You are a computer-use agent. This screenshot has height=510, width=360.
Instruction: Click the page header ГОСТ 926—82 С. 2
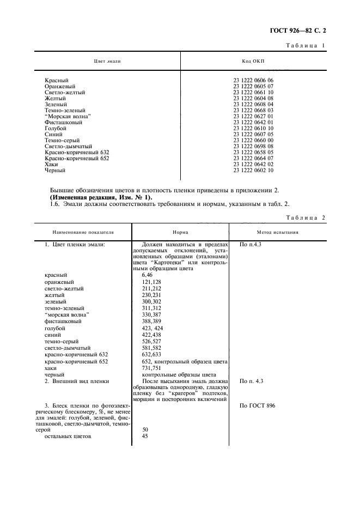tap(306, 33)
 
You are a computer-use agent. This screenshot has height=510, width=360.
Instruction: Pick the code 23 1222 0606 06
tap(253, 80)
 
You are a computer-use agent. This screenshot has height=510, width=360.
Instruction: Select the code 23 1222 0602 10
tap(253, 170)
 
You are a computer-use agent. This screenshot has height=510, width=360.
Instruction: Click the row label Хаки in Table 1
tap(51, 164)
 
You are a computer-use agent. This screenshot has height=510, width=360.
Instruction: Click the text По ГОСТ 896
tap(258, 406)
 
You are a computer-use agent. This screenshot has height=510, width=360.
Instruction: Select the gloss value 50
tap(145, 430)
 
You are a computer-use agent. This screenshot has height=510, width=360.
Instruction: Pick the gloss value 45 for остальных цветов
tap(145, 436)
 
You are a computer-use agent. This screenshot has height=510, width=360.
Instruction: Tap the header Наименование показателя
tap(83, 232)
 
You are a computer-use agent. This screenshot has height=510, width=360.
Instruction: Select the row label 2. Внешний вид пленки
tap(77, 381)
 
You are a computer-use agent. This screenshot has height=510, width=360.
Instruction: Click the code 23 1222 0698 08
tap(253, 146)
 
